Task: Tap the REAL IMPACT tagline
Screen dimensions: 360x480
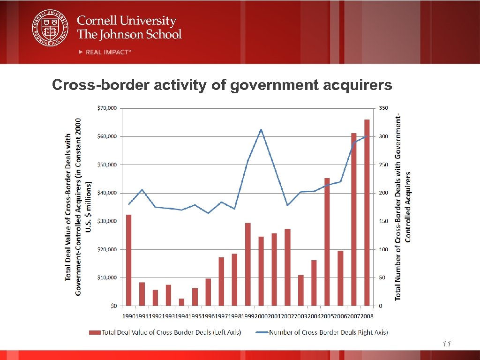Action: [107, 52]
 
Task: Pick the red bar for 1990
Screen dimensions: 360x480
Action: [128, 260]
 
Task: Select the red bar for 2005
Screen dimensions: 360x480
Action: [327, 241]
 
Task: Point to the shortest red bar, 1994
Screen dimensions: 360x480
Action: [181, 302]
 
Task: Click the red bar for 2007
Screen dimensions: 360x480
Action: [354, 219]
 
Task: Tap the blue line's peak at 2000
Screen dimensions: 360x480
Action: [261, 129]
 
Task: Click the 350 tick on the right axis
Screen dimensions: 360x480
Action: [383, 108]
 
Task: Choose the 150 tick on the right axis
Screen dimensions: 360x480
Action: [383, 221]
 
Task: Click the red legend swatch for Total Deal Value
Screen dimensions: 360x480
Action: [96, 332]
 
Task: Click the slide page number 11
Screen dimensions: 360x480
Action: [446, 345]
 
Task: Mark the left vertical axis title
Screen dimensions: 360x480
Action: [77, 207]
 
